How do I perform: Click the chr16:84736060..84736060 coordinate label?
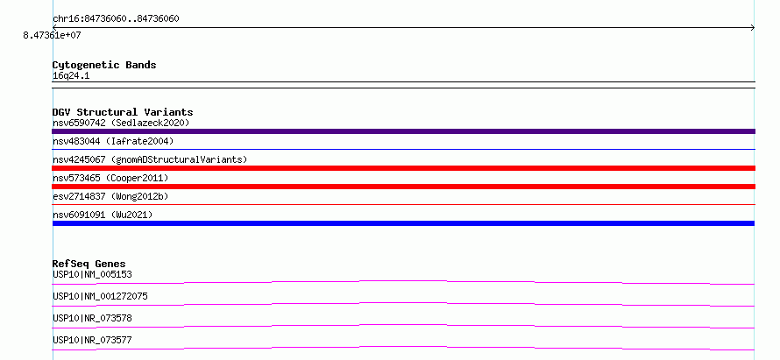[116, 19]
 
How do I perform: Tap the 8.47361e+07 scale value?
[52, 36]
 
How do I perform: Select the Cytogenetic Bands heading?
[104, 65]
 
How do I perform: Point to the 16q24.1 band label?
[71, 76]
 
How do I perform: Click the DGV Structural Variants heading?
[123, 112]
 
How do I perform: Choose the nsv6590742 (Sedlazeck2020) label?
[121, 123]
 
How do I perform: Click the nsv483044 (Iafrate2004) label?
[113, 141]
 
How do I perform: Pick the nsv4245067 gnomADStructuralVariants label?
[150, 159]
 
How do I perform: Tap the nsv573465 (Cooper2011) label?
[110, 178]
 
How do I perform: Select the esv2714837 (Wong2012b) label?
[110, 196]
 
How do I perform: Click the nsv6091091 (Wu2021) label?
[103, 215]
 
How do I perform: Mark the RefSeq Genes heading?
[89, 264]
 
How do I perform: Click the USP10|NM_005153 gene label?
[92, 274]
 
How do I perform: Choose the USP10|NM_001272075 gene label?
[100, 296]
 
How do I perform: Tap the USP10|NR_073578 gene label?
[92, 318]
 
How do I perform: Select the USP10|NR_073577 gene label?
[92, 340]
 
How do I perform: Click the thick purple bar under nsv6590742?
[403, 131]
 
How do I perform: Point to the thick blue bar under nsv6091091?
[403, 223]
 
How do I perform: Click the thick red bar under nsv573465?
[403, 187]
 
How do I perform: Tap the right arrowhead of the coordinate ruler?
[753, 28]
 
